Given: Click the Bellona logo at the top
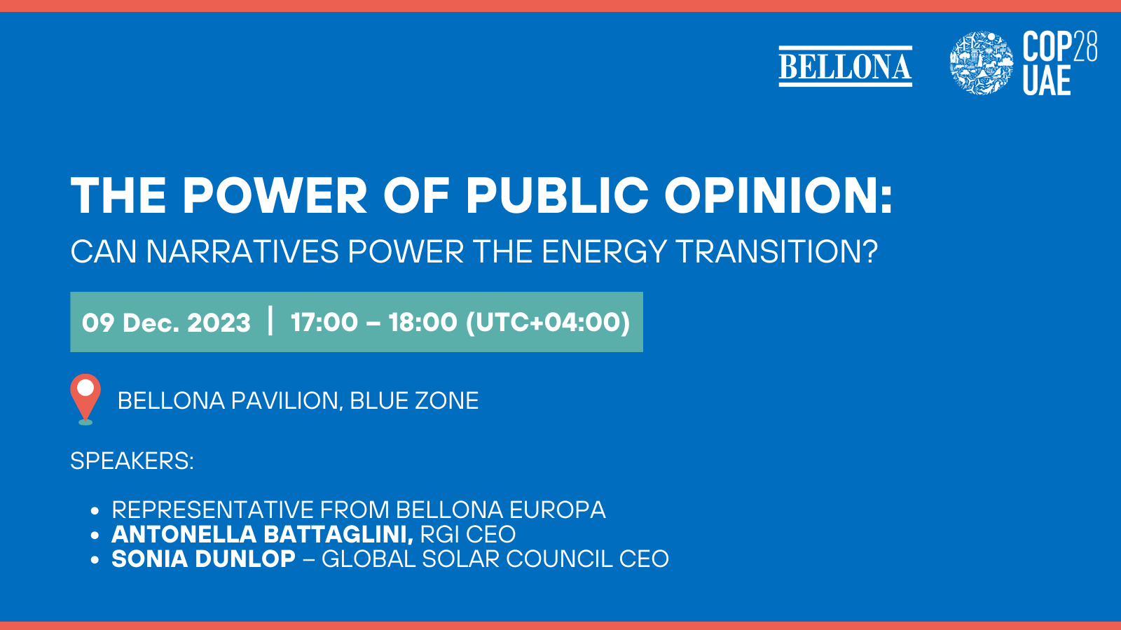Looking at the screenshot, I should tap(845, 66).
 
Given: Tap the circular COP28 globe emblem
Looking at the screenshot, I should tap(981, 63).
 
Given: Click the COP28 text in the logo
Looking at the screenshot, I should tap(1059, 47).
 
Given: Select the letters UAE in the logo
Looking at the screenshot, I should tap(1046, 80).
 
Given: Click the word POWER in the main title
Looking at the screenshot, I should tap(275, 195).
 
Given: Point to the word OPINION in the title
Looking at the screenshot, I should tap(778, 195).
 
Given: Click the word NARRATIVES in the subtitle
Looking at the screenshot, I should tap(242, 252).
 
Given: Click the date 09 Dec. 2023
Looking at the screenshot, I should tap(166, 323).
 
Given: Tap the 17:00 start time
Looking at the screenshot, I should tap(324, 323).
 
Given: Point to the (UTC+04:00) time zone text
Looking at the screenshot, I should tap(548, 323).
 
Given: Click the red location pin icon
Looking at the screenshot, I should tap(85, 396).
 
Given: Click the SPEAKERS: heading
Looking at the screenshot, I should tap(132, 461).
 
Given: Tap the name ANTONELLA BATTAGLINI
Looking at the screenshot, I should tap(262, 535).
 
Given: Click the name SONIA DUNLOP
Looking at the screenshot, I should tap(203, 559).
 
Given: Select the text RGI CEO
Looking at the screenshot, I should tap(467, 535).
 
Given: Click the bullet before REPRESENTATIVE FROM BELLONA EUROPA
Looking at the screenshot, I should tap(95, 511).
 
